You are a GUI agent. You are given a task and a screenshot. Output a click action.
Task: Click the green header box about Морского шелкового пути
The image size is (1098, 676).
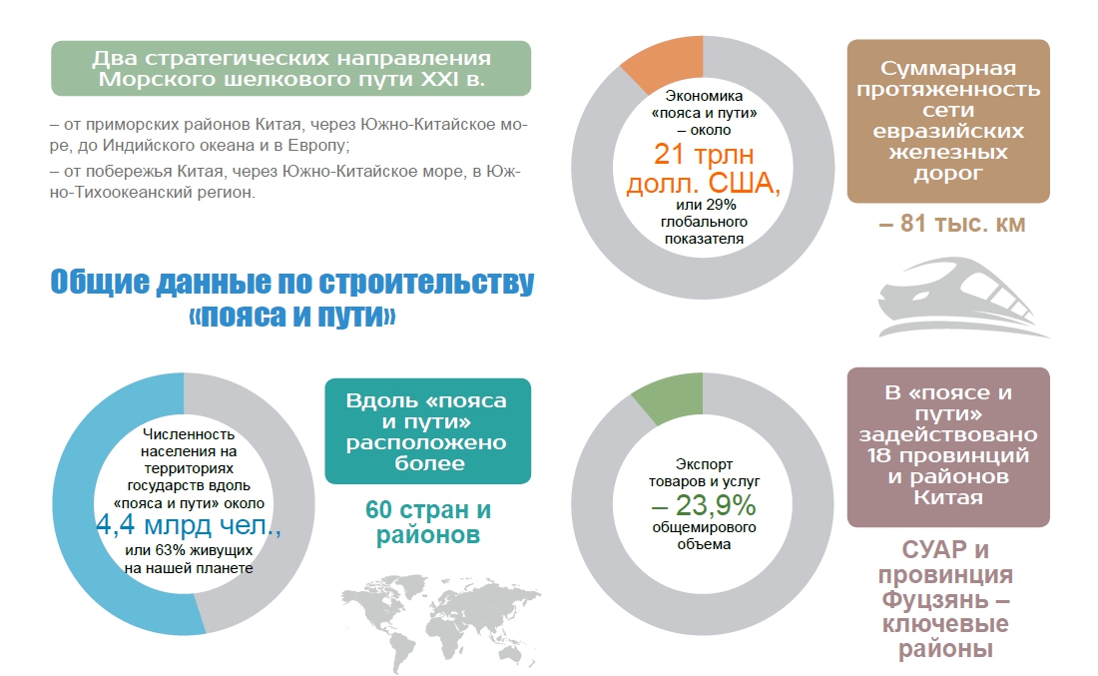pos(289,68)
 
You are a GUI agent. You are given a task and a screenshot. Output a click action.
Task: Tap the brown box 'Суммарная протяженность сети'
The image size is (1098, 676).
pos(947,122)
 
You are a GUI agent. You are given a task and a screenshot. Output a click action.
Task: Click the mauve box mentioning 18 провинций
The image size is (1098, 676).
pos(947,445)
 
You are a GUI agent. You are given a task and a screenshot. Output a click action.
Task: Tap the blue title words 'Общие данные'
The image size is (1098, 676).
pos(150,284)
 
